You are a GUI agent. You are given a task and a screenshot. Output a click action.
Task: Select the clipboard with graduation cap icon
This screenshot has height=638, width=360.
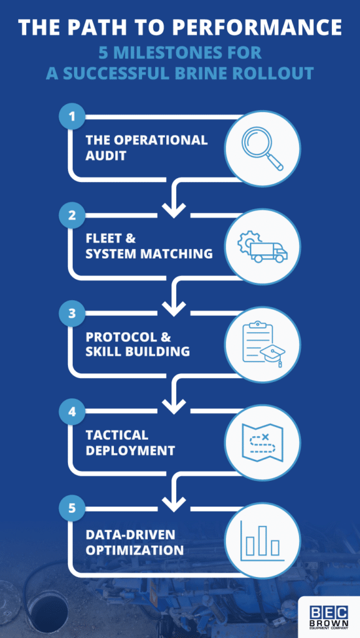tap(262, 345)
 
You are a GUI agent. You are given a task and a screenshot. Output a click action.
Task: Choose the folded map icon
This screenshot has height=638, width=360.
tap(262, 443)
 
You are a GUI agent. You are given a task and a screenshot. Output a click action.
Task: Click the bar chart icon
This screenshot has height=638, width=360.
tap(262, 540)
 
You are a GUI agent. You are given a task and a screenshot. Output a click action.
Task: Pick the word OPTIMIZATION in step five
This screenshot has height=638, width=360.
tap(135, 550)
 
